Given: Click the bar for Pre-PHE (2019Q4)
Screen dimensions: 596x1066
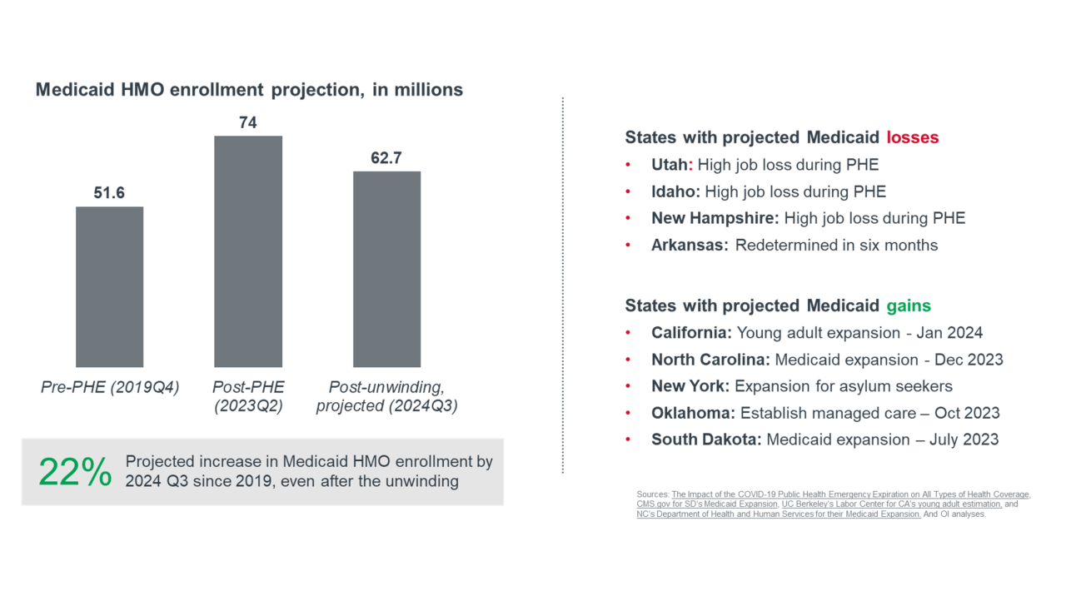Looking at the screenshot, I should point(109,286).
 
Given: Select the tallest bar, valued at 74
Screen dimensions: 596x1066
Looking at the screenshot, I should point(248,251).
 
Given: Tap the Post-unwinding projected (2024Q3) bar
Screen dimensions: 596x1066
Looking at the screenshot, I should point(386,269).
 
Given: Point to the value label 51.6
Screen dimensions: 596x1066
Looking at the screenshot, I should point(109,193).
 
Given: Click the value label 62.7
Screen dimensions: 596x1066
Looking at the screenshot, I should point(386,158).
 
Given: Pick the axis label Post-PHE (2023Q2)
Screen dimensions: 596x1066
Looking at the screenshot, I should point(248,396).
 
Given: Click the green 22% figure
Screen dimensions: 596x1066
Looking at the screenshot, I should point(75,473).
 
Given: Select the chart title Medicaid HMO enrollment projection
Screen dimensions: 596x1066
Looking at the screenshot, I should point(249,90).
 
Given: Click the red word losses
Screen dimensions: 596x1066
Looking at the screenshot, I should point(912,137).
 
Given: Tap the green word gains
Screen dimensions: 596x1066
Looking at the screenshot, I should point(909,305).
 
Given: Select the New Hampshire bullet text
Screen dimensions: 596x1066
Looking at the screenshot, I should point(808,218).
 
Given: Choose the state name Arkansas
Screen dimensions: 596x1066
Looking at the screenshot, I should point(690,245).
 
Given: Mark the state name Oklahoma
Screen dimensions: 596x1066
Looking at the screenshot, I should point(693,413).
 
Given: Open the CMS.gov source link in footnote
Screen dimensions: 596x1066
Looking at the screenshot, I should point(706,504).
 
